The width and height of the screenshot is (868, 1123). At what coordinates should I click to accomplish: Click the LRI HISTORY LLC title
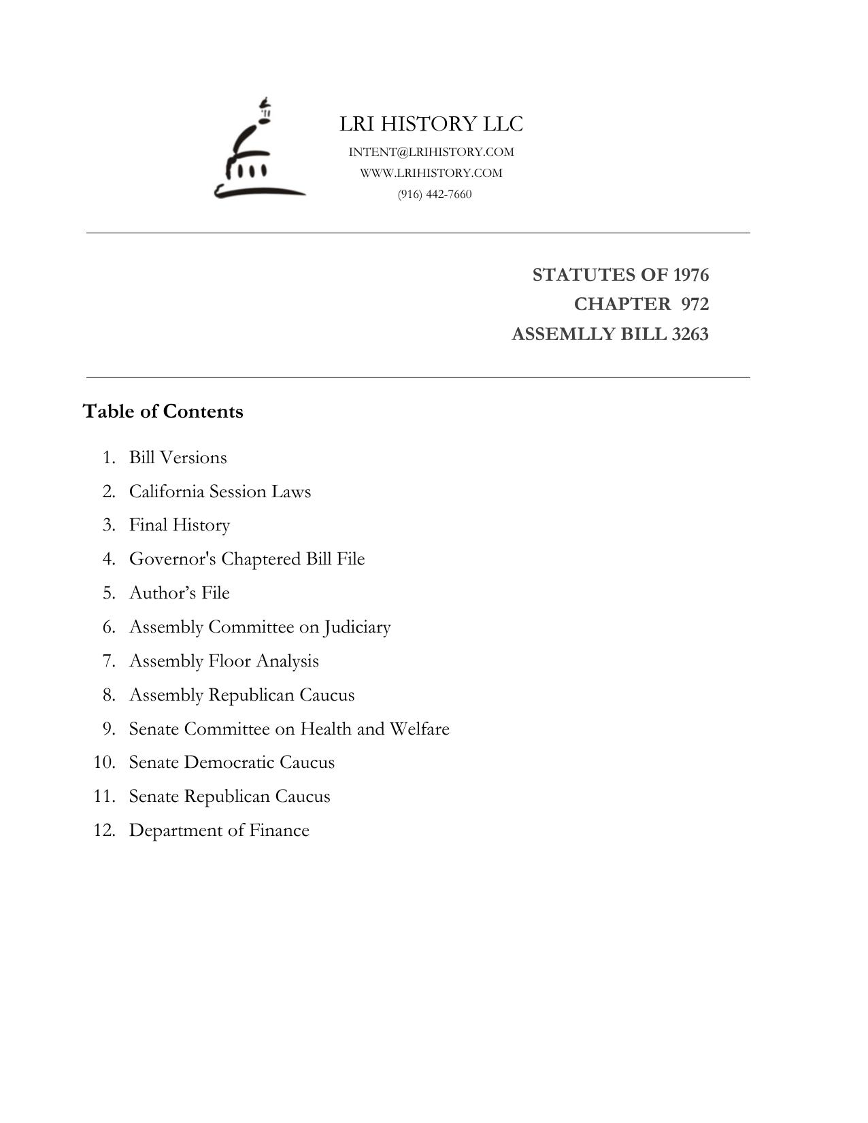tap(431, 124)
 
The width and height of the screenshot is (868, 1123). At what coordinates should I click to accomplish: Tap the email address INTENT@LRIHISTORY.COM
tap(431, 152)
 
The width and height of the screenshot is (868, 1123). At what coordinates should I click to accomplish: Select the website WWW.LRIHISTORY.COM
tap(431, 173)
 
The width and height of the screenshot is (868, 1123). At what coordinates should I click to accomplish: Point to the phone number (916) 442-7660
tap(435, 195)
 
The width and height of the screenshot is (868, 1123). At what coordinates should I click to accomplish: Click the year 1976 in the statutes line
tap(690, 275)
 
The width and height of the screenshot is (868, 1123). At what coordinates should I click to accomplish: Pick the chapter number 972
tap(695, 304)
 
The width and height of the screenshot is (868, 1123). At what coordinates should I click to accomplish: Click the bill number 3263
tap(690, 335)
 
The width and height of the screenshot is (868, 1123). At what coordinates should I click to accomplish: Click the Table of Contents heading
tap(163, 412)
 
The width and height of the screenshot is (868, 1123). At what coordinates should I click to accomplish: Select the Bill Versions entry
tap(178, 458)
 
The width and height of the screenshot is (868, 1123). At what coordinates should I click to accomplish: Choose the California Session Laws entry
tap(220, 492)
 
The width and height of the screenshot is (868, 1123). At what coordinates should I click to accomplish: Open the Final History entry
tap(180, 525)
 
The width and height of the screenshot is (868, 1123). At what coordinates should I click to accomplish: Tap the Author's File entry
tap(180, 593)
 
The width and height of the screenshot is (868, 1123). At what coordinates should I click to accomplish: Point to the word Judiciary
tap(357, 627)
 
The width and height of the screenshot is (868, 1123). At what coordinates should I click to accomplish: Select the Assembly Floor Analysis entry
tap(224, 661)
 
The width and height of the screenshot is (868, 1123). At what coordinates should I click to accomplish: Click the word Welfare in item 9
tap(419, 729)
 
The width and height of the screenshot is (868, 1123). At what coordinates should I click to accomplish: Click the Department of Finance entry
tap(219, 831)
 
